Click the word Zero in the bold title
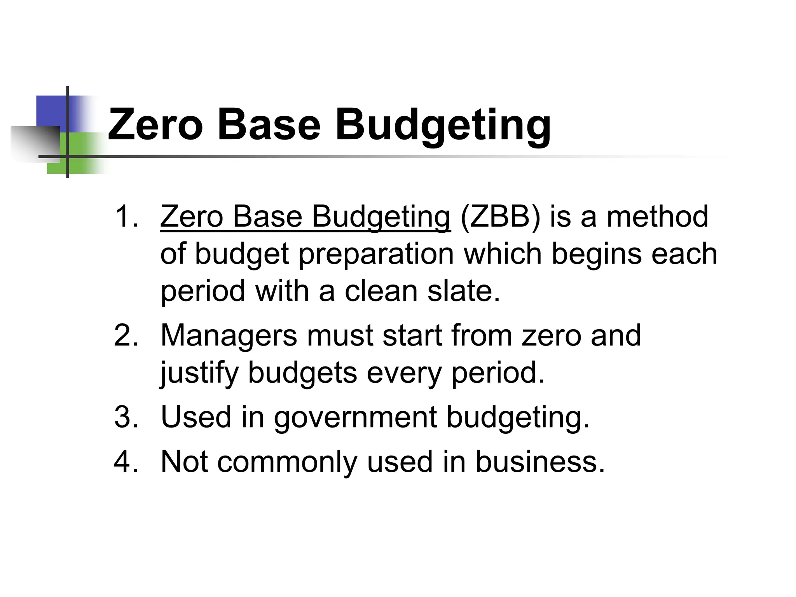(155, 125)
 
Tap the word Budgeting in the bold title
(443, 125)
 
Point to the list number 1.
(126, 216)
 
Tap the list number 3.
(126, 417)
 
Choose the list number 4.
(126, 462)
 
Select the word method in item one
(657, 216)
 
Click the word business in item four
(540, 462)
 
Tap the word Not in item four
(184, 462)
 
